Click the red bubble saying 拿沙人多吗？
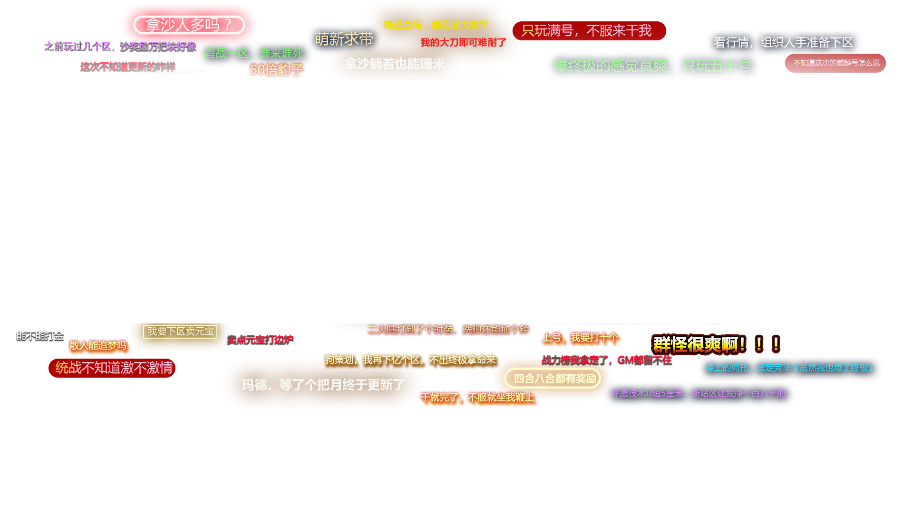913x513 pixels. (189, 25)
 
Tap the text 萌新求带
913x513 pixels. (344, 39)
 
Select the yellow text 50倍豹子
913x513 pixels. (276, 70)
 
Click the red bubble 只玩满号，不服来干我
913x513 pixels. (588, 31)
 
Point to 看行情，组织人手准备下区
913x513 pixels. (783, 43)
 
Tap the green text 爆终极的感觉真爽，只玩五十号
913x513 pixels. (652, 66)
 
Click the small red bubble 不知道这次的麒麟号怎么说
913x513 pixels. (835, 63)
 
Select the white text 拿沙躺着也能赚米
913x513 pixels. (394, 64)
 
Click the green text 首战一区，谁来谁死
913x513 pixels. (254, 53)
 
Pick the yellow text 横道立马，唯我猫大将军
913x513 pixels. (436, 25)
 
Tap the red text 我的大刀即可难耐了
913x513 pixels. (463, 43)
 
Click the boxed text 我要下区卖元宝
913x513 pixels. (180, 331)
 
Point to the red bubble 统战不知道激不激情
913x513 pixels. (113, 368)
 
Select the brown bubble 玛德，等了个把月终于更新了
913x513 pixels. (323, 385)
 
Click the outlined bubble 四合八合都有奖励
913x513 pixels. (554, 379)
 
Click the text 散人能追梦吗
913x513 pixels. (98, 345)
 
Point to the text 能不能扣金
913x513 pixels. (40, 336)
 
